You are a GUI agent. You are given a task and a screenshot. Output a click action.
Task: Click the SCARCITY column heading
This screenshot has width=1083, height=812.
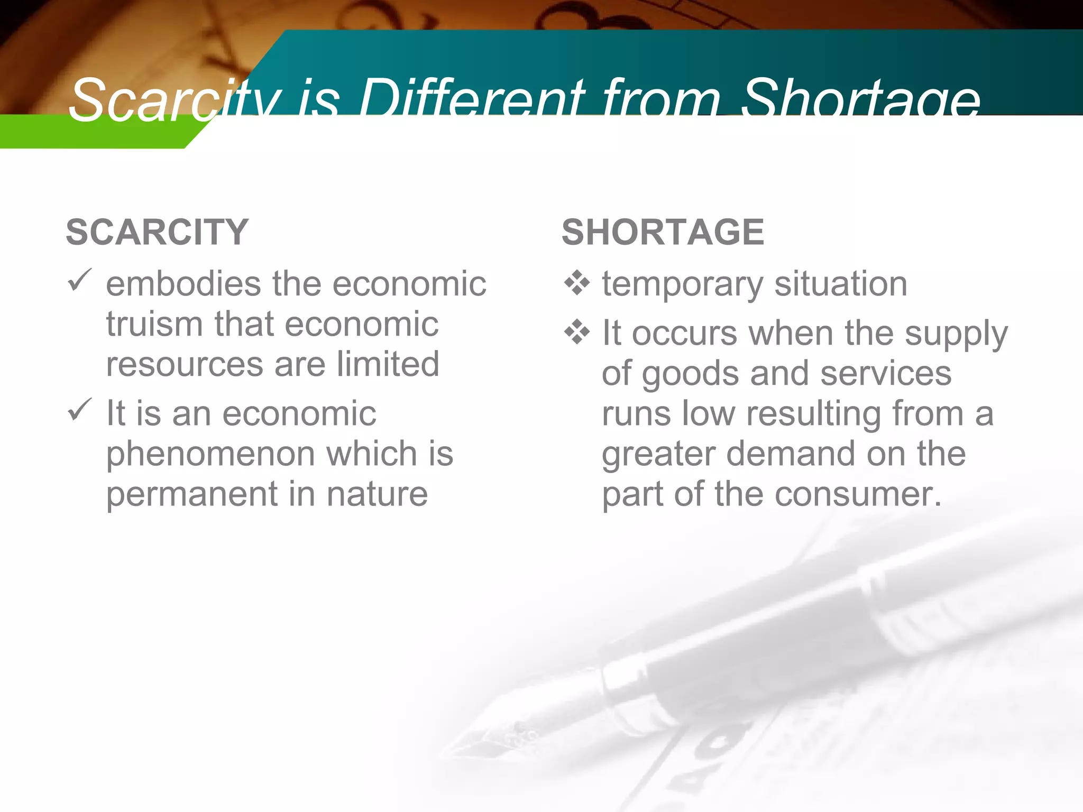pos(157,232)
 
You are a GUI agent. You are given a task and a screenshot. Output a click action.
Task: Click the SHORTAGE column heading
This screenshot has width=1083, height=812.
pos(663,232)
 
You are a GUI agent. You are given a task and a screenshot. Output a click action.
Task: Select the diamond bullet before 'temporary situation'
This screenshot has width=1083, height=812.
pos(576,283)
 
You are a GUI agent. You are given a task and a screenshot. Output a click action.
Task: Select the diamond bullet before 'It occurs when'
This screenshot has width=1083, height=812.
pos(576,333)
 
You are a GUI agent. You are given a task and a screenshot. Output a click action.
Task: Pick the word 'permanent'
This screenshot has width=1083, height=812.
pos(191,494)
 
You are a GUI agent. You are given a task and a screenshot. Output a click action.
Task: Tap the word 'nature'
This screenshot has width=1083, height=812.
pos(377,494)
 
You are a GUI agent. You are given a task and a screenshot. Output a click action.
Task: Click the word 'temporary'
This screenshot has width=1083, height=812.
pos(682,285)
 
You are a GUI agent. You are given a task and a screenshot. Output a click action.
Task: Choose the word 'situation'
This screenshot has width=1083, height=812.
pos(840,284)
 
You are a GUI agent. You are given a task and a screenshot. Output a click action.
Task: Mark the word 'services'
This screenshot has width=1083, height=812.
pos(886,373)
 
